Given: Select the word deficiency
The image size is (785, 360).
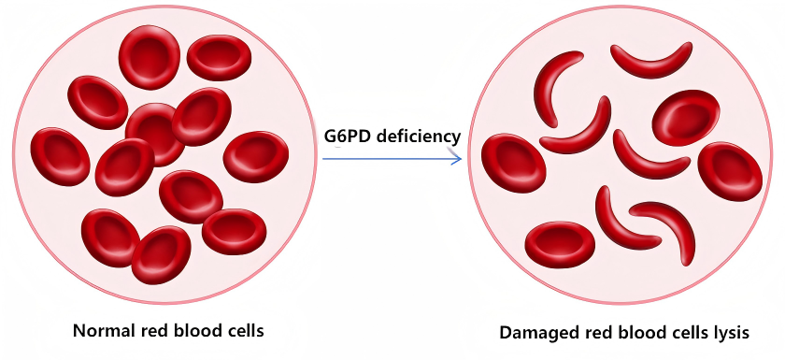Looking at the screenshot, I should click(418, 137).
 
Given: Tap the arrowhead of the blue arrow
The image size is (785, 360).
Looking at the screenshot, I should click(457, 159).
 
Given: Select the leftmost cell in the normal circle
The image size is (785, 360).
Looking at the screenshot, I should click(61, 156).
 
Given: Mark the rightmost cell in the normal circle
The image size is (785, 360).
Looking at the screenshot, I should click(255, 156).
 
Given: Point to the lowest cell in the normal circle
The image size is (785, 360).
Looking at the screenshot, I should click(161, 254).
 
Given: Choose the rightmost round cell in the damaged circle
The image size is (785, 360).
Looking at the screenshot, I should click(730, 171).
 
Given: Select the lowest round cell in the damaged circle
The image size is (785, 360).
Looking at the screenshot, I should click(560, 244).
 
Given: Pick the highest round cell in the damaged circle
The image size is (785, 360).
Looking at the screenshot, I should click(686, 118).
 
